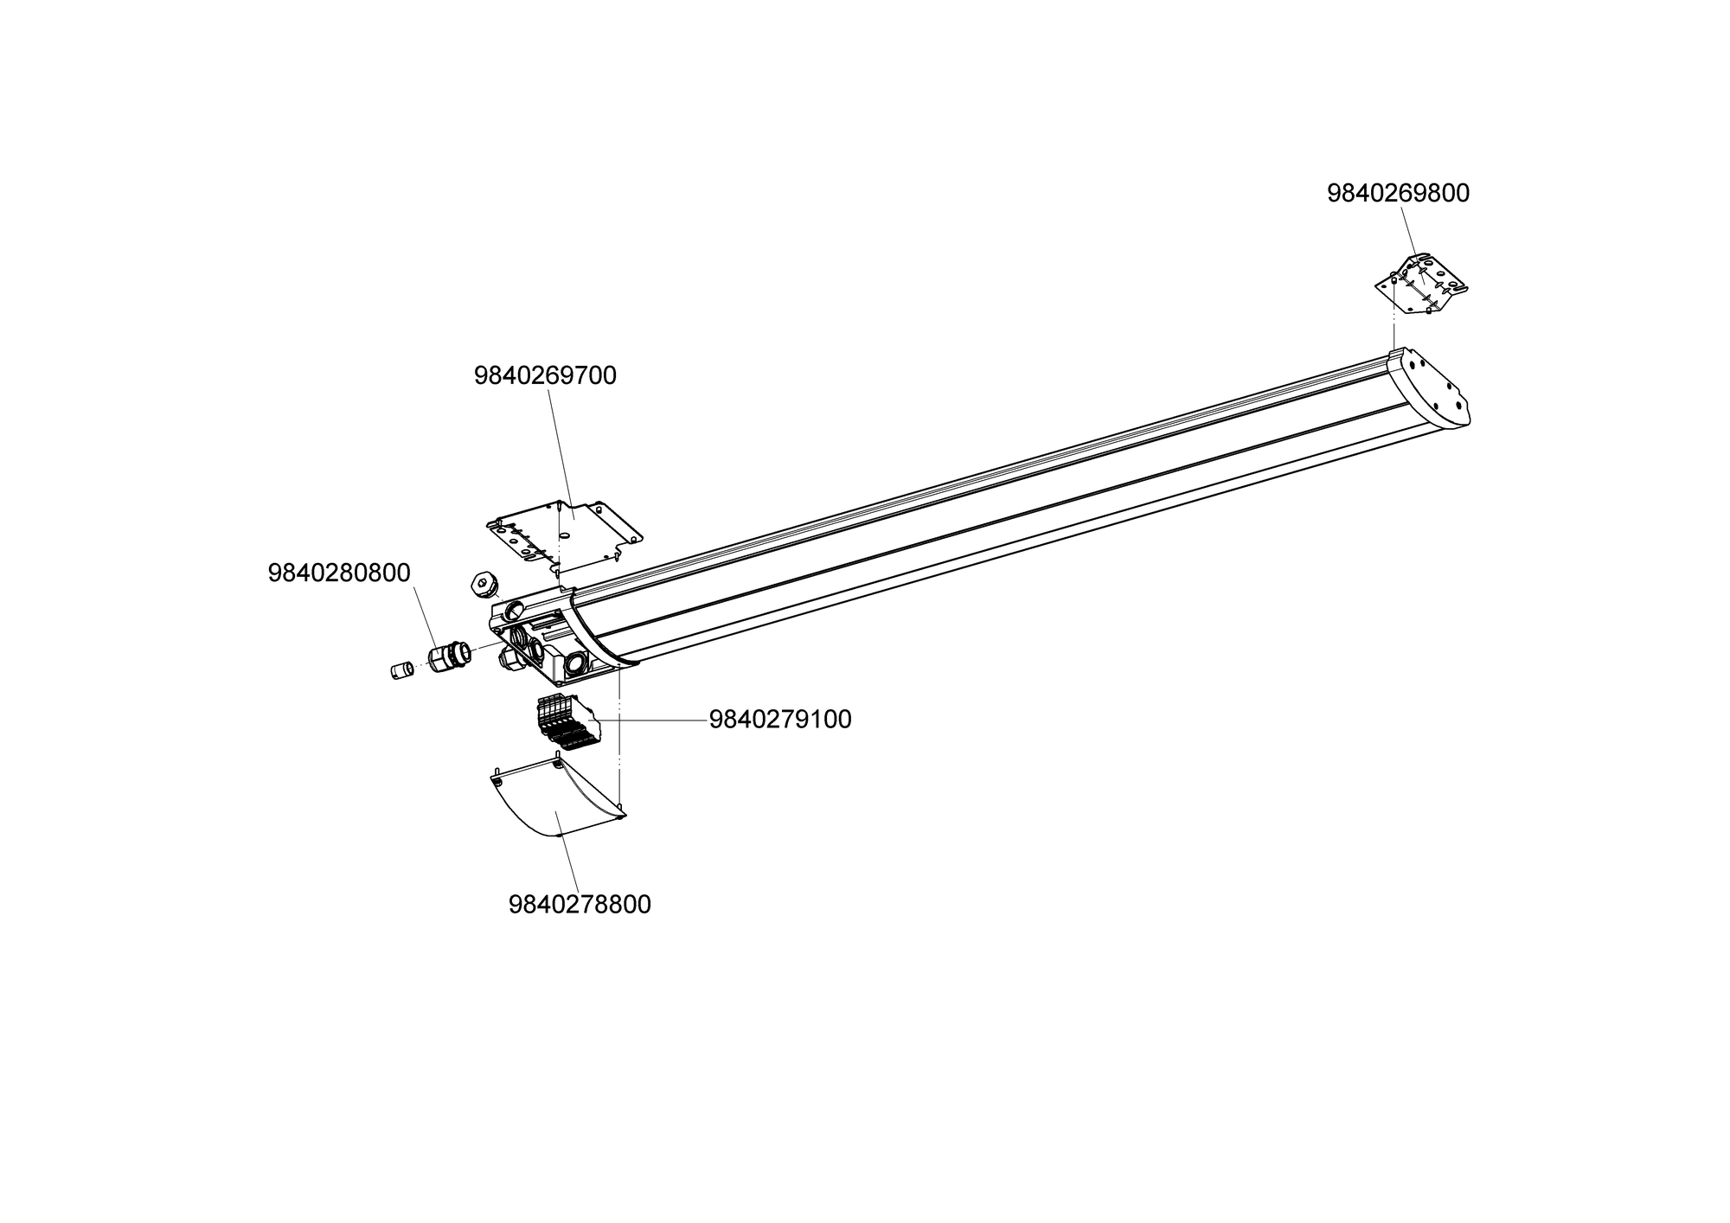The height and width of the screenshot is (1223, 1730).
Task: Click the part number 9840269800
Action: [1398, 194]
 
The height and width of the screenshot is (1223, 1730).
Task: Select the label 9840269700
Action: [545, 376]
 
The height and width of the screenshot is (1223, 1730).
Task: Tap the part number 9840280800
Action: [339, 573]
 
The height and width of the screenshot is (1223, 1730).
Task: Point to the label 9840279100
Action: [780, 720]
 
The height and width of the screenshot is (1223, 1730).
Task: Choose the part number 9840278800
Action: [580, 905]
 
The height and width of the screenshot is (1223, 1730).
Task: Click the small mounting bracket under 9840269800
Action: [1422, 285]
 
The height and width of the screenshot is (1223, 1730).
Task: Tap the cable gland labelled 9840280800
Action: [449, 656]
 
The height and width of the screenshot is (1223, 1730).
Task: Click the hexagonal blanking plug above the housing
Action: [482, 586]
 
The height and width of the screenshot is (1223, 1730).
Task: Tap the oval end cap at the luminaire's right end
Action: [1432, 389]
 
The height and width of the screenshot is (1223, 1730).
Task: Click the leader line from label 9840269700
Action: [561, 450]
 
